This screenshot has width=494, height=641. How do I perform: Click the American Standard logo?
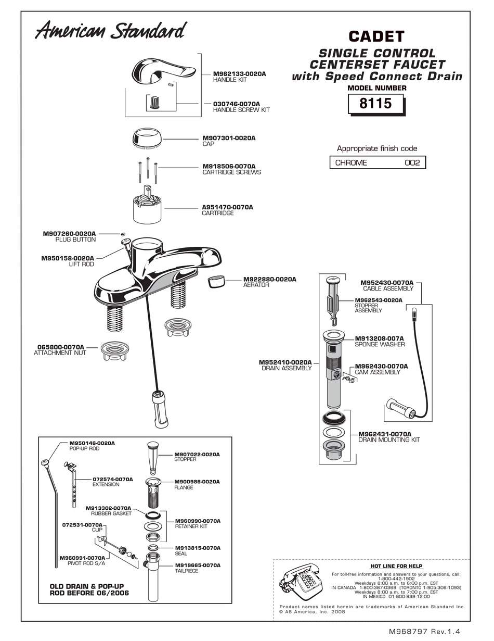(111, 31)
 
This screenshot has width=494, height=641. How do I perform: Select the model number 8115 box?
(375, 104)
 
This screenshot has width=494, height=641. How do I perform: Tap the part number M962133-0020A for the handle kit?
(239, 74)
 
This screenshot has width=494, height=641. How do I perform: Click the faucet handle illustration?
(163, 71)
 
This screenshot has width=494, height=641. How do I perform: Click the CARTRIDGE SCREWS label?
(231, 172)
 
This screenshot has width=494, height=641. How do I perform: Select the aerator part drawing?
(216, 281)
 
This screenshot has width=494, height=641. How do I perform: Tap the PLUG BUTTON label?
(75, 240)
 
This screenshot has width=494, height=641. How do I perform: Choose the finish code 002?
(412, 163)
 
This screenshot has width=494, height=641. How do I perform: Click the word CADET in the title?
(376, 36)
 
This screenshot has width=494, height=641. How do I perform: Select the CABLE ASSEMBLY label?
(388, 288)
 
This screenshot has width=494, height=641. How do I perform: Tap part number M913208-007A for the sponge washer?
(379, 338)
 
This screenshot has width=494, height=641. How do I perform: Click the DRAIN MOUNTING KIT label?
(389, 439)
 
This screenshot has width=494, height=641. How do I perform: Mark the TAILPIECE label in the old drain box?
(187, 571)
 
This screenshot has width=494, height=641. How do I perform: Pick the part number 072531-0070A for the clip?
(82, 525)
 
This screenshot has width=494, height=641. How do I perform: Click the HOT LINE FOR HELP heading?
(396, 566)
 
